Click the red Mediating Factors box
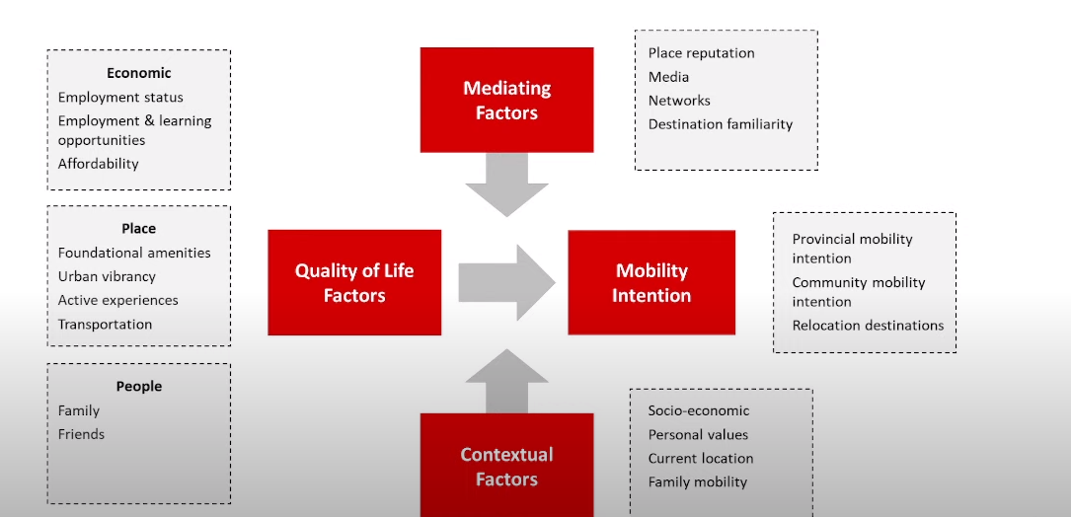506,100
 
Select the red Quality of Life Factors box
354,282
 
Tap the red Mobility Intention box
651,282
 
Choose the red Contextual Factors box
506,466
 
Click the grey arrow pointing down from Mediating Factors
506,186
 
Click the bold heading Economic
139,73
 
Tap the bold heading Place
139,229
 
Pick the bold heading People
139,387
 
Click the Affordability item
99,164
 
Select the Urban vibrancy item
107,276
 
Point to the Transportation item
105,324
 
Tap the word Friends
81,434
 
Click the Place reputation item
702,53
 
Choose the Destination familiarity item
721,124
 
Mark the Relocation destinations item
868,326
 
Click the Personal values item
698,434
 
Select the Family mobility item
698,481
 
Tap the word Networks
679,101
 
